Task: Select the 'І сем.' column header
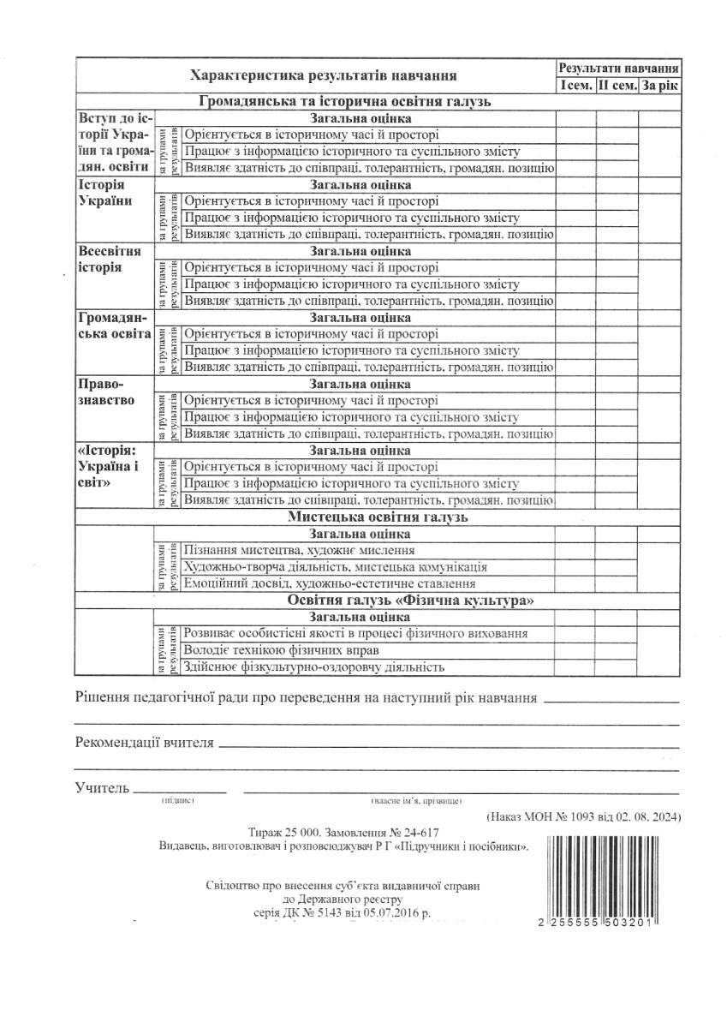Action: (575, 85)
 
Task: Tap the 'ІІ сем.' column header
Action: (617, 85)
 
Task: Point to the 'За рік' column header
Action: (660, 85)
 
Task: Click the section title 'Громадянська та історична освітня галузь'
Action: (344, 102)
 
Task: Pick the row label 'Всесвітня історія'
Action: (110, 260)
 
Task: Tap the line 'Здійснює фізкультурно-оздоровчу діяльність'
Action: (314, 667)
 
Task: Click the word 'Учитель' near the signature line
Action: (102, 786)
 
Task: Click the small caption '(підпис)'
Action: (178, 800)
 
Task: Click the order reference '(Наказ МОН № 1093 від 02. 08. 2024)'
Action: (583, 817)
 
